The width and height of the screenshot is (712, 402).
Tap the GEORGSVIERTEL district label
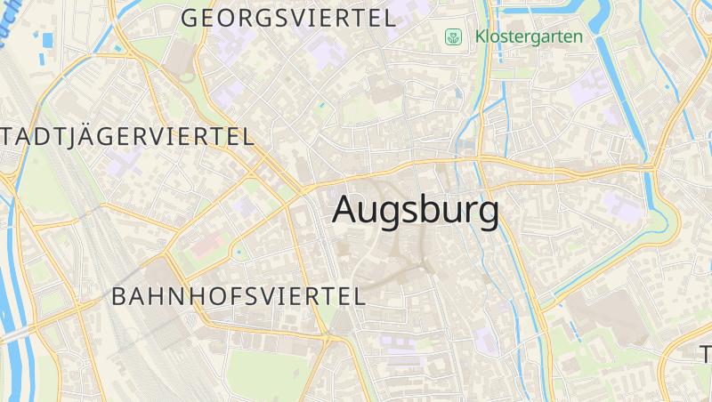(288, 18)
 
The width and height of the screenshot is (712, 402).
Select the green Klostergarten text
(529, 37)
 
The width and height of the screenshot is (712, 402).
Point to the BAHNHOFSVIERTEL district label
(239, 297)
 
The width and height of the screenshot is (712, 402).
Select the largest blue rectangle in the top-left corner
(46, 39)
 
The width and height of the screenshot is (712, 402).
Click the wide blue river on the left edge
(16, 293)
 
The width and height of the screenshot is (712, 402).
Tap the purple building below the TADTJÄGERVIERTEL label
(123, 162)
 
